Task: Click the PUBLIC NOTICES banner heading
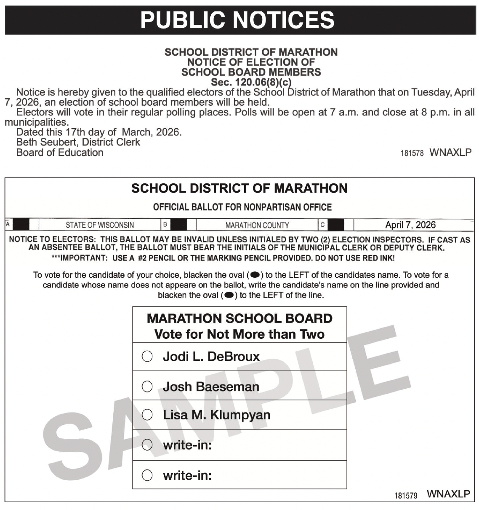tap(237, 20)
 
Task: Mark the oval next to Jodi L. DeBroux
tap(147, 357)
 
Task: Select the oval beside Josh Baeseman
tap(147, 387)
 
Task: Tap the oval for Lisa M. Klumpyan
tap(147, 415)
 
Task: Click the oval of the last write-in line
tap(147, 475)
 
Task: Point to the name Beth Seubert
tap(47, 142)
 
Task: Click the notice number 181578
tap(412, 153)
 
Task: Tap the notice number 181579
tap(406, 495)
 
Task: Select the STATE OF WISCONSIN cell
tap(100, 225)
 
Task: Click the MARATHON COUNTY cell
tap(257, 225)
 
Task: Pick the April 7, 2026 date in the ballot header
tap(410, 225)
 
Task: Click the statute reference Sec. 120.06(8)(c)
tap(251, 82)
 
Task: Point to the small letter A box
tap(8, 224)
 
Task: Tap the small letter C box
tap(322, 225)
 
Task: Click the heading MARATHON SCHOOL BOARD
tap(239, 318)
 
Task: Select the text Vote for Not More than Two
tap(239, 334)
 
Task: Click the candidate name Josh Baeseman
tap(211, 387)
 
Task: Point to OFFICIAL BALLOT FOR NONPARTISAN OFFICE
tap(242, 207)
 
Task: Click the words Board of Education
tap(60, 153)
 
